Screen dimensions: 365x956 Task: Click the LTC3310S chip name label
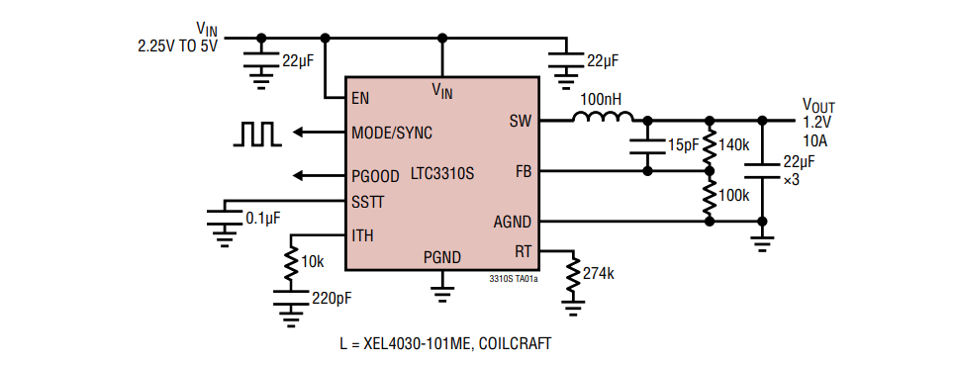(442, 173)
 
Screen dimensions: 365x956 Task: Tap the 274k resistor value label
(599, 273)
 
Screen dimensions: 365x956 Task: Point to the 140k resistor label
(733, 144)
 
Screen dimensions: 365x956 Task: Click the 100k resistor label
(733, 196)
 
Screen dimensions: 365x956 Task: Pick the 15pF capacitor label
(683, 145)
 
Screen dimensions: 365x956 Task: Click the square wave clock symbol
(258, 134)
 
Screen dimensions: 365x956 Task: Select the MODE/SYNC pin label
(392, 133)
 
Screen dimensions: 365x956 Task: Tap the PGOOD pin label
(375, 177)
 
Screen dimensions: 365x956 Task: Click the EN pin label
(361, 99)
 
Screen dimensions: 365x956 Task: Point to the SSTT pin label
(368, 201)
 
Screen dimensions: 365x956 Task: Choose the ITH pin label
(362, 235)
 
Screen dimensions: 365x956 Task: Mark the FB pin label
(524, 171)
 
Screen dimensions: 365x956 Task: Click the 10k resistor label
(312, 261)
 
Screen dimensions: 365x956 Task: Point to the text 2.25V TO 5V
(176, 45)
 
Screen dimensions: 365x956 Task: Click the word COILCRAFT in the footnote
(508, 343)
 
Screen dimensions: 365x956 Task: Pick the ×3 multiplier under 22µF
(791, 181)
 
